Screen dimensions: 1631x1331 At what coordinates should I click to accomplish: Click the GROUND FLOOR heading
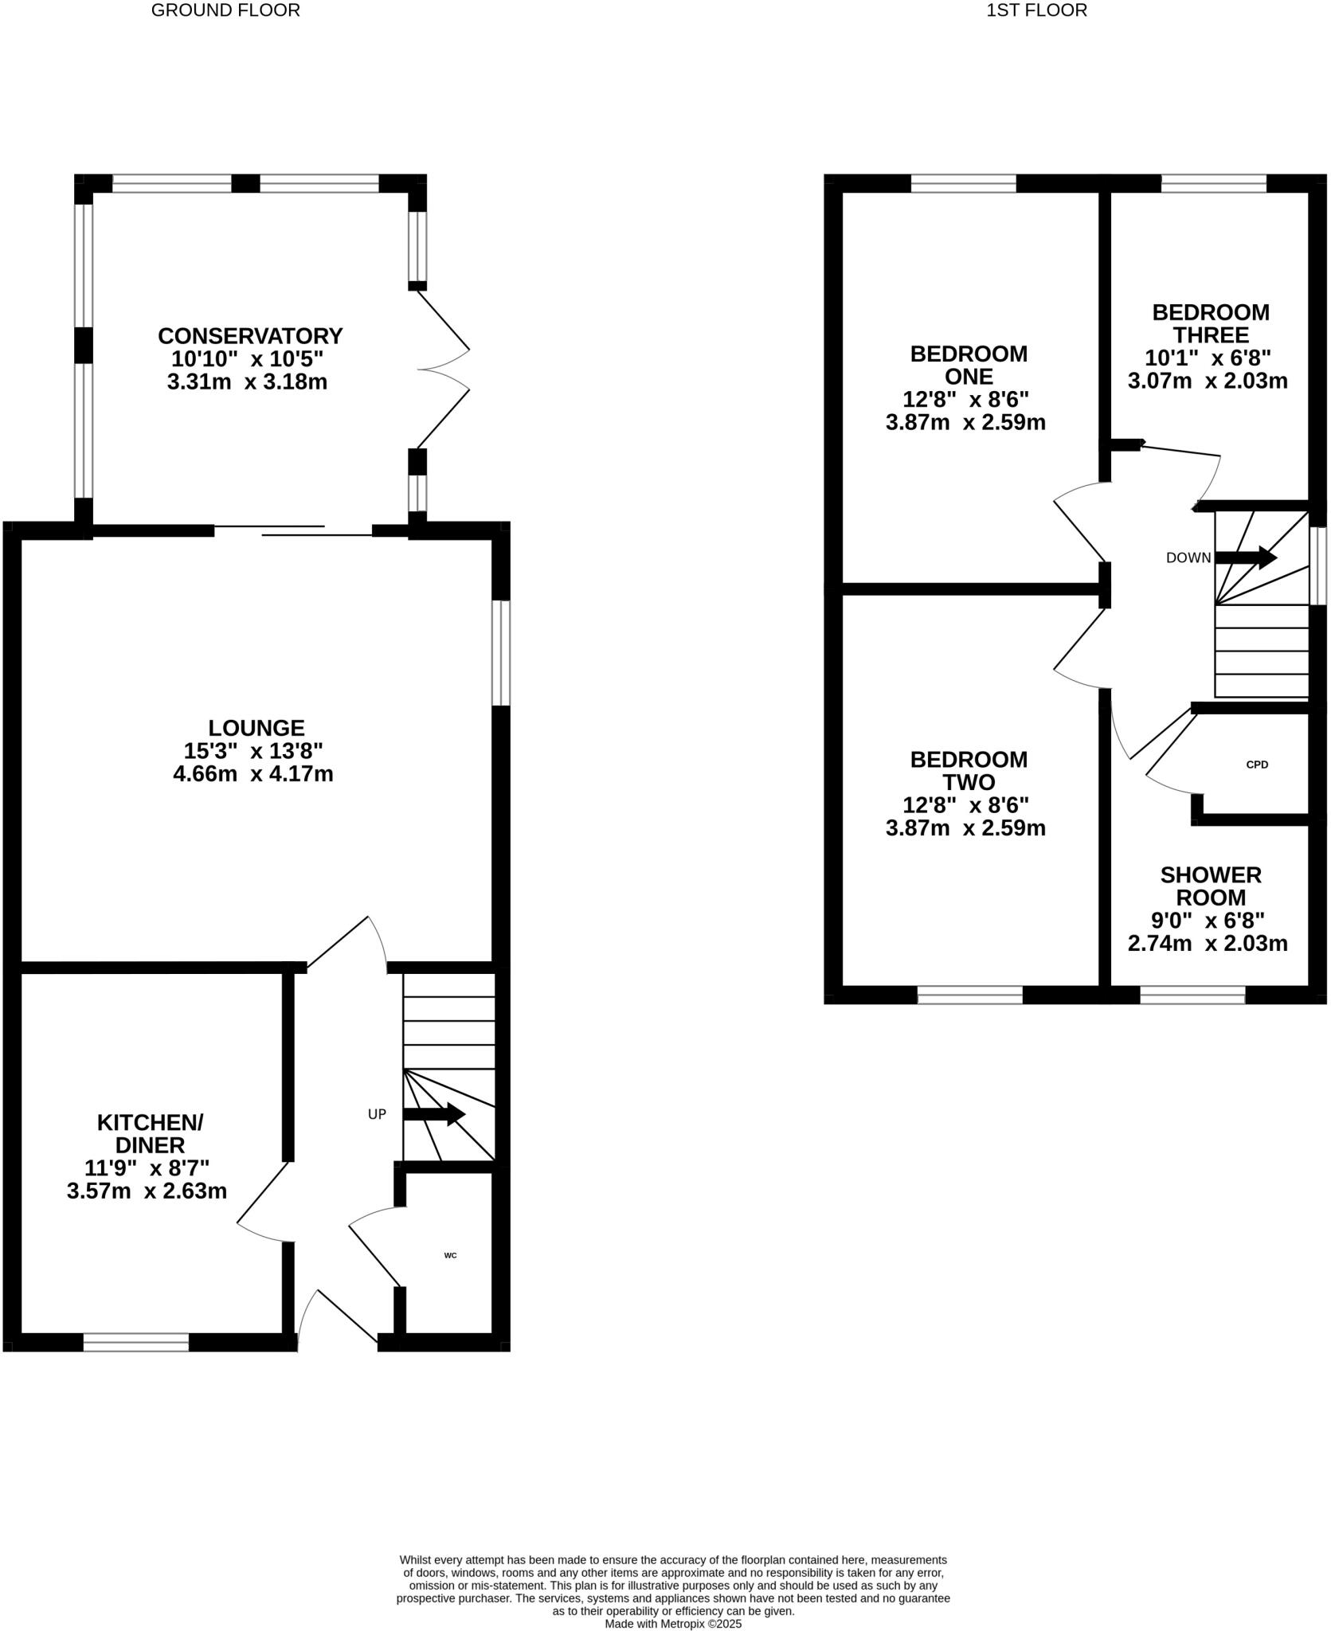click(225, 10)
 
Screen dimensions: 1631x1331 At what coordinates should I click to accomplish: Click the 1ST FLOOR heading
click(1036, 10)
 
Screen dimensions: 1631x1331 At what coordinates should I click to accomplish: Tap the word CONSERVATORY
click(250, 335)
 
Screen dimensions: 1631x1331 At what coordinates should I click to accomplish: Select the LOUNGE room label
click(256, 728)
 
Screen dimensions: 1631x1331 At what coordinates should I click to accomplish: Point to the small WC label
click(450, 1255)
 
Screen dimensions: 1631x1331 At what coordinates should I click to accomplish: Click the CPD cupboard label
click(1257, 765)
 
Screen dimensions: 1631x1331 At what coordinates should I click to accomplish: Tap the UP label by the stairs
click(377, 1114)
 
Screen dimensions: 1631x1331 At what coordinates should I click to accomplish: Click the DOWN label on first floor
click(1188, 558)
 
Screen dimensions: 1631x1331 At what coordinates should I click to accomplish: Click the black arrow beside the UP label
click(434, 1114)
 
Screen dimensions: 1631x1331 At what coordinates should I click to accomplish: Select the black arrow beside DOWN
click(1246, 557)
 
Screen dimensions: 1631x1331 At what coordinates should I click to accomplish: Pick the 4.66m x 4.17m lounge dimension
click(252, 773)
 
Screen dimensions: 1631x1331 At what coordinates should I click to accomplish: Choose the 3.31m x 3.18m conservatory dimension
click(247, 381)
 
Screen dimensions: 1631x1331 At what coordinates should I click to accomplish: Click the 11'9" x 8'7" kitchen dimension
click(147, 1168)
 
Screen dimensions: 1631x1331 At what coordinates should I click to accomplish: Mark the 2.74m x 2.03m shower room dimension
click(1208, 944)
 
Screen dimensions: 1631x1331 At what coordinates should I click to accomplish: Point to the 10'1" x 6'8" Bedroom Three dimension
click(1208, 358)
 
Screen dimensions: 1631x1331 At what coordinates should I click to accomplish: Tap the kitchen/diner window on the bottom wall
click(136, 1342)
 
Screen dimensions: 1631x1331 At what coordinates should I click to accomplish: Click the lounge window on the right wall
click(501, 653)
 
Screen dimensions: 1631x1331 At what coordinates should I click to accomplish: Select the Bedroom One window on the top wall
click(963, 184)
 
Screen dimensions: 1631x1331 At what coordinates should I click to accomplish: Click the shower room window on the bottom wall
click(1192, 995)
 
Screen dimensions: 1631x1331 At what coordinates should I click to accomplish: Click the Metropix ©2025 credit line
click(673, 1623)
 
